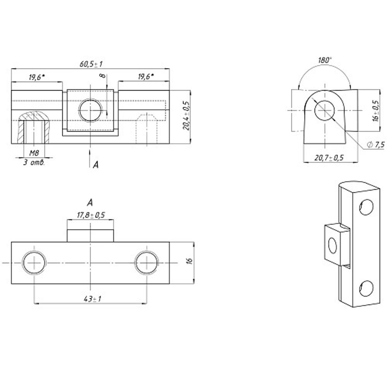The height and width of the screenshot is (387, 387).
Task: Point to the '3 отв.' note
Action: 34,163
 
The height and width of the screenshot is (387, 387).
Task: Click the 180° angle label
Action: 325,60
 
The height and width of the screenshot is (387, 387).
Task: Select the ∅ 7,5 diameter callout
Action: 375,145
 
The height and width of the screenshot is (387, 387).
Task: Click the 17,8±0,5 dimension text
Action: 91,215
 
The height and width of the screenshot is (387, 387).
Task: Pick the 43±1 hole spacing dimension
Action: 90,299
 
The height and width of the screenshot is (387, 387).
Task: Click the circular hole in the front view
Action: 90,110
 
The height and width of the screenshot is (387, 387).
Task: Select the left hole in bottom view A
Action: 34,262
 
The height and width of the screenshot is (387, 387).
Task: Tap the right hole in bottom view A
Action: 147,262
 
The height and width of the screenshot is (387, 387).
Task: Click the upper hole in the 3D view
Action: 366,208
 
